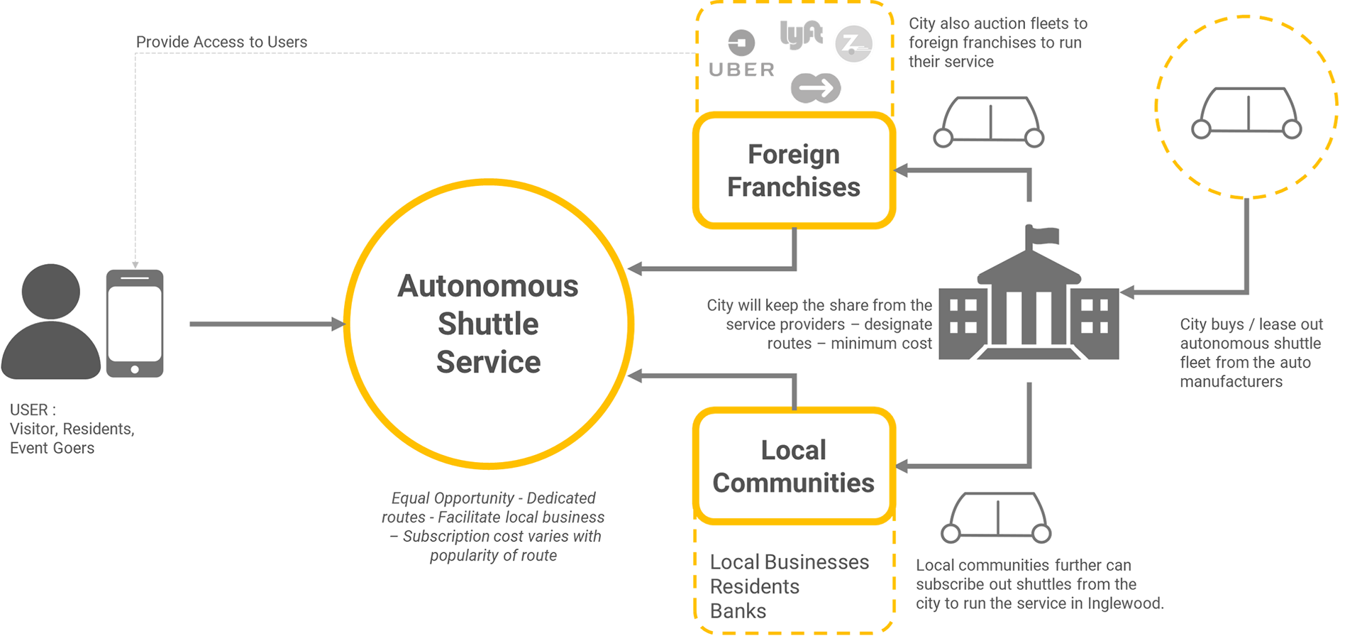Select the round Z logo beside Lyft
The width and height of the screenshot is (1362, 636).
853,44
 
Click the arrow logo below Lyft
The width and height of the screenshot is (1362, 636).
816,88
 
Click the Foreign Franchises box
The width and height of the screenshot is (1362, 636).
794,171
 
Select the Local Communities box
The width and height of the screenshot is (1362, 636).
794,466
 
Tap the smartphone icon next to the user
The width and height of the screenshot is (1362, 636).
135,323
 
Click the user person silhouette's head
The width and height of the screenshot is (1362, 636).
50,291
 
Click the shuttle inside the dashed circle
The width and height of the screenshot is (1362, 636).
1247,112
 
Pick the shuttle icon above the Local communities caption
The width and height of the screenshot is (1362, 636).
997,517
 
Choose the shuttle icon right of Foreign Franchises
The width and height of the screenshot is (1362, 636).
989,121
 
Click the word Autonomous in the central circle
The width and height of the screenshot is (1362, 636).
488,286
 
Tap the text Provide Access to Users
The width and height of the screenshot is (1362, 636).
221,43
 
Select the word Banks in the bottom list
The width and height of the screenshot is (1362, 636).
738,611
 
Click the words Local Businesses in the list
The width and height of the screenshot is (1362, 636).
789,562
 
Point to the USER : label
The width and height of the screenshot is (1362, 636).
33,410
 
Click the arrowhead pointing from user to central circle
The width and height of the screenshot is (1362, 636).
338,324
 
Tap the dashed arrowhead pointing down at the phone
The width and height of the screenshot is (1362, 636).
135,264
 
